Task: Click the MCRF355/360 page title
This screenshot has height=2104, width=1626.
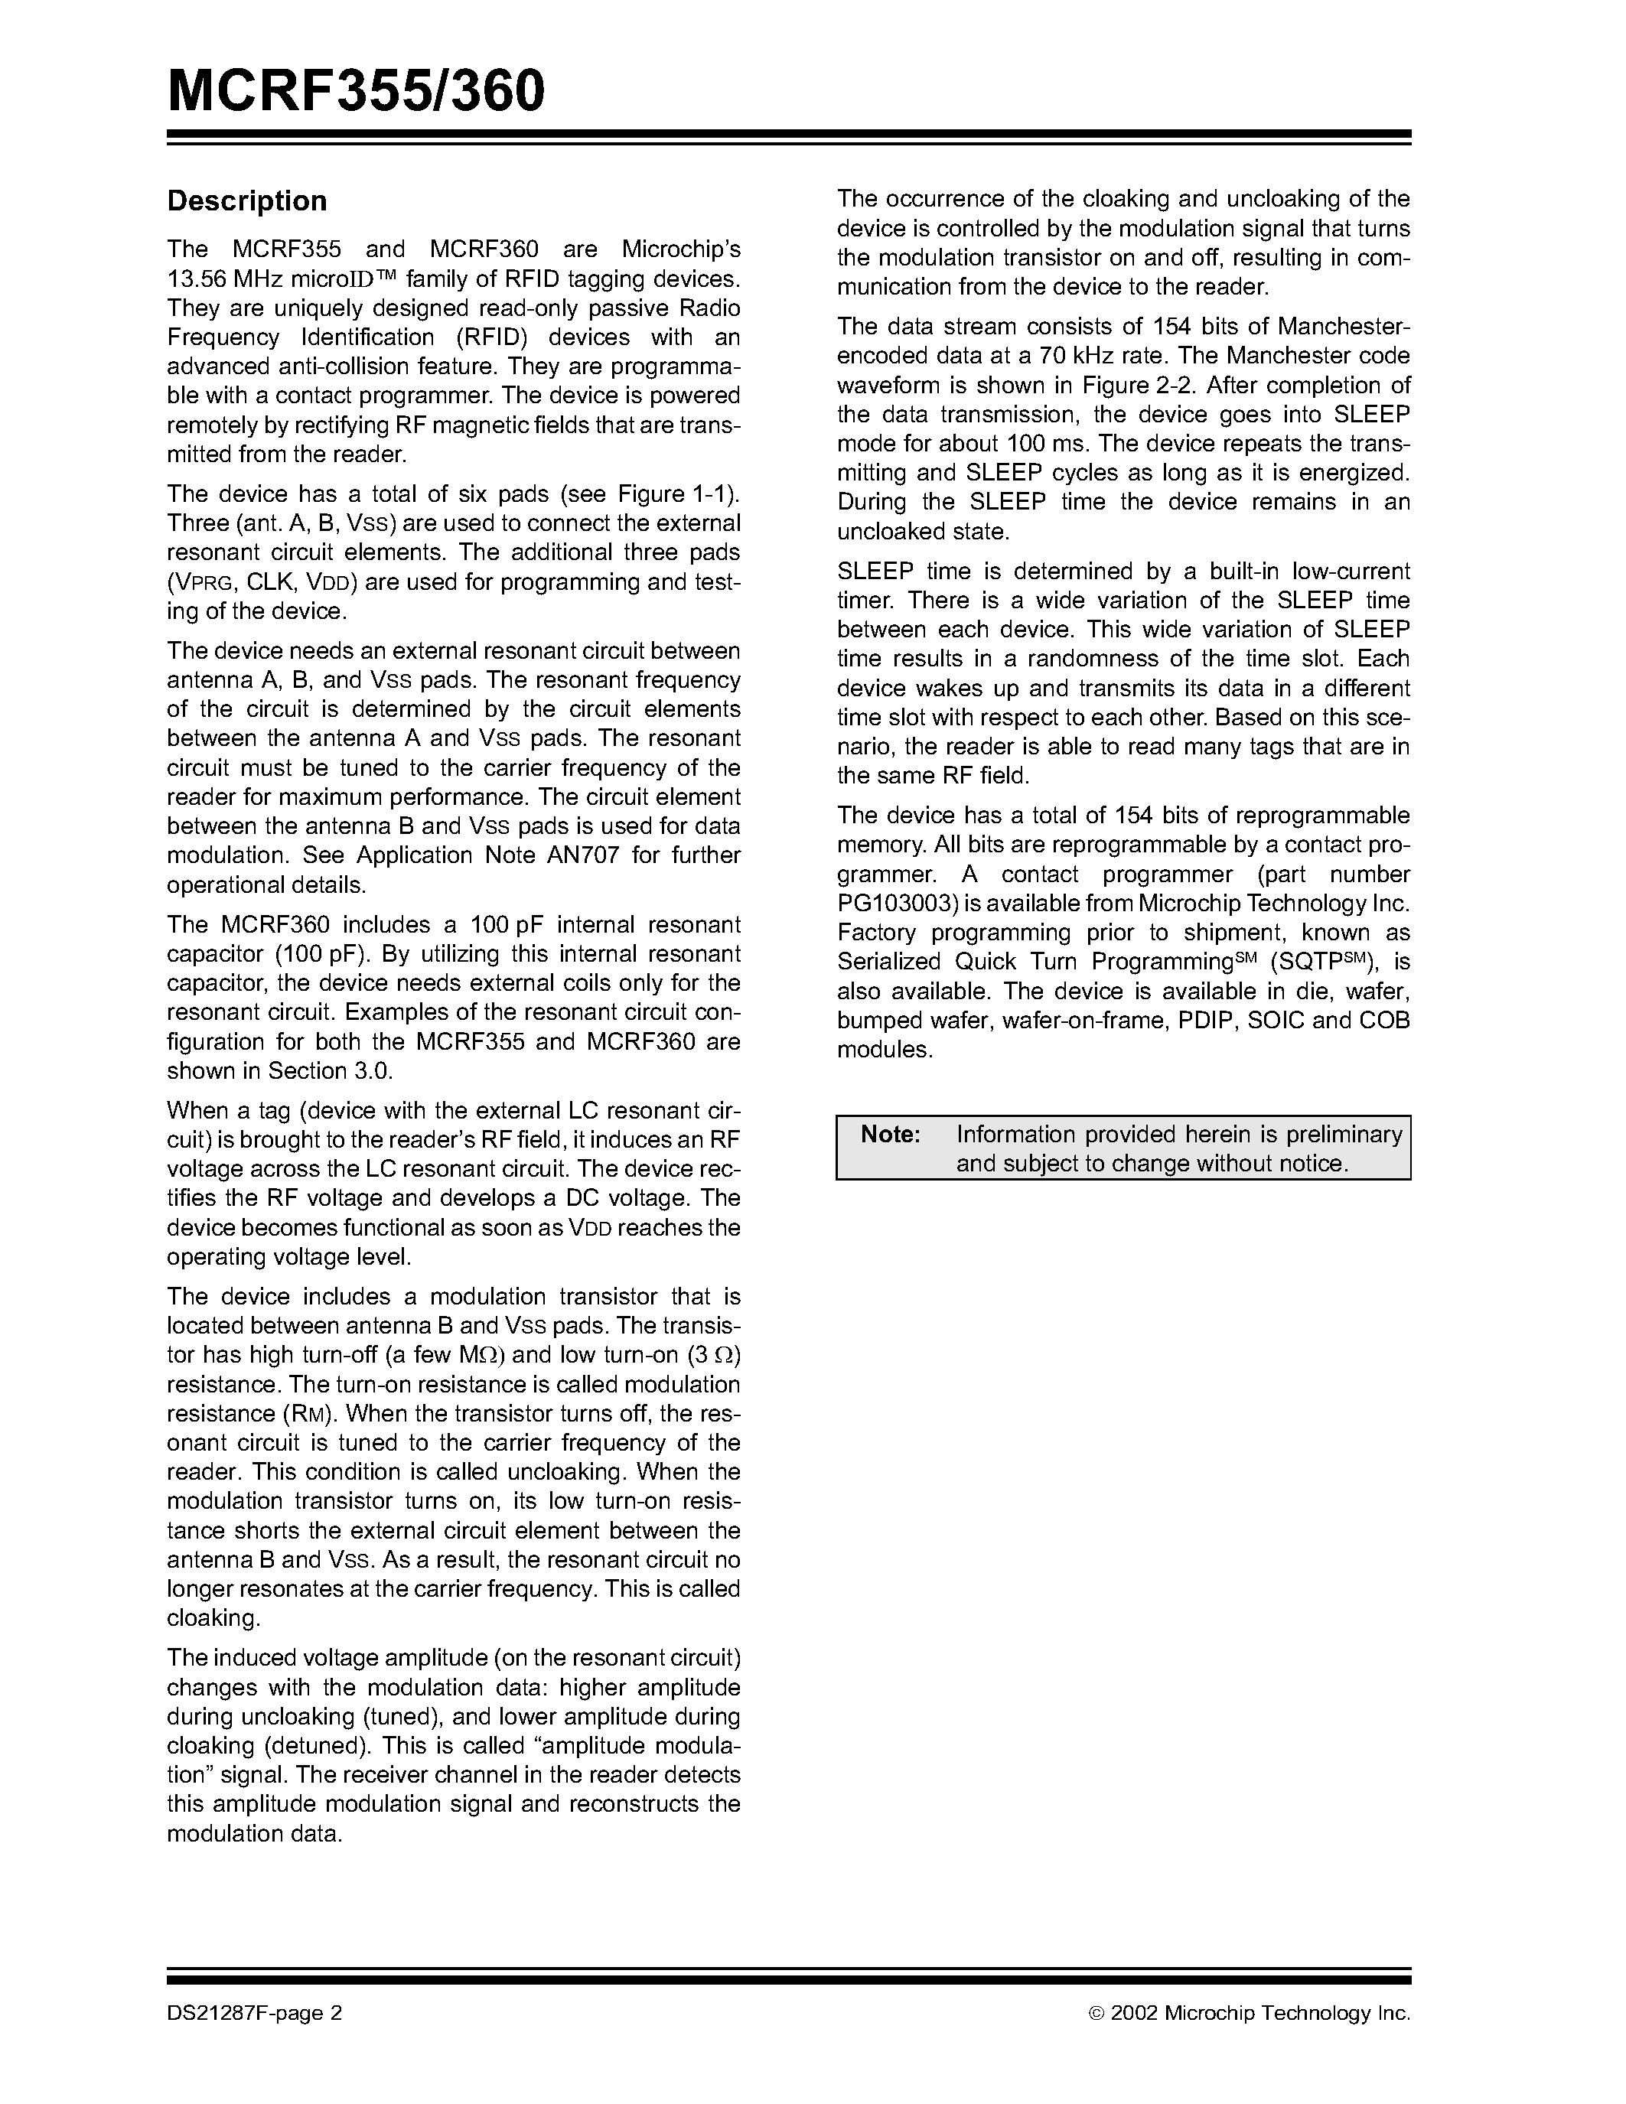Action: (x=356, y=92)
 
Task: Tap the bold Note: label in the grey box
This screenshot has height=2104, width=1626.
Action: (x=890, y=1135)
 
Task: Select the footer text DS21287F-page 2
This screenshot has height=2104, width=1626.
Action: (x=254, y=2012)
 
